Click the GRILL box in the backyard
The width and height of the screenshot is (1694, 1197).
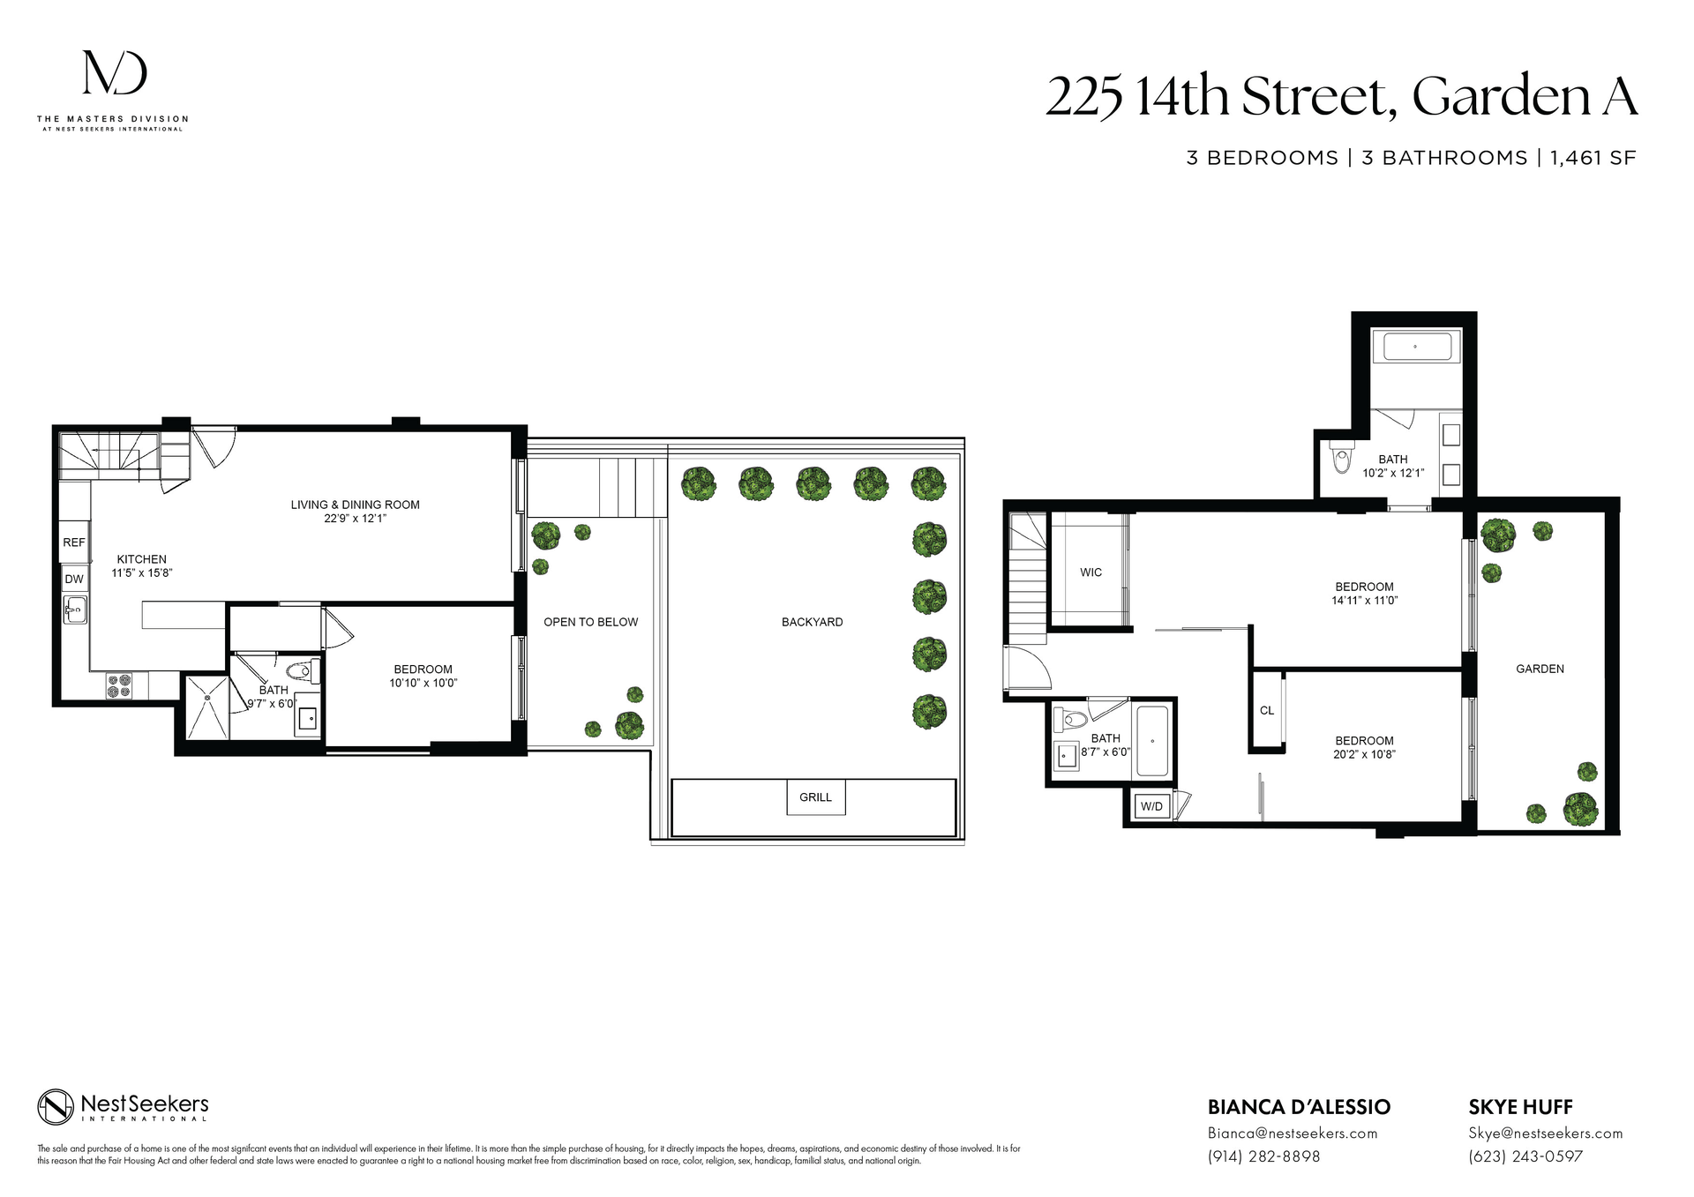815,797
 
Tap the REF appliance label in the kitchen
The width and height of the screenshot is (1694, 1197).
74,542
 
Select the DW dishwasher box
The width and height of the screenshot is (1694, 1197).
74,580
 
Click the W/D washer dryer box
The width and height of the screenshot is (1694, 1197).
1151,806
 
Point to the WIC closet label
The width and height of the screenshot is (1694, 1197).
1091,572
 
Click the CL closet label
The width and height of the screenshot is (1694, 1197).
1266,711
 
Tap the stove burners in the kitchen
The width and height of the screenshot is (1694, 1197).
119,685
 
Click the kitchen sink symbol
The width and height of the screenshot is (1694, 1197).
75,609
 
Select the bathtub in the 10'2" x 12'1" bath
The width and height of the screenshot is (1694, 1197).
1417,347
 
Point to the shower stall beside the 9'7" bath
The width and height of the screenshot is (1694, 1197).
206,707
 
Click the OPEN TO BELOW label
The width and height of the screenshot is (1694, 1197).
590,622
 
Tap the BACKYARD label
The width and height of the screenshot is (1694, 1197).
812,622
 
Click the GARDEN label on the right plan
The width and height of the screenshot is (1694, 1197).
1540,669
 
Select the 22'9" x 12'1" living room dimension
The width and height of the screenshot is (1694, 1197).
355,519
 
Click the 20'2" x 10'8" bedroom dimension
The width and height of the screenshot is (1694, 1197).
1364,754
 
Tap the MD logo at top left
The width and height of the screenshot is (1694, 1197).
115,73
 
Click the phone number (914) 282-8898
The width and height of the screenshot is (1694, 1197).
1263,1156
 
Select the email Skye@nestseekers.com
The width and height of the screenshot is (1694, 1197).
1545,1133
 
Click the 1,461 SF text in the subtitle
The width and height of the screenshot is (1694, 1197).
1593,158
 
